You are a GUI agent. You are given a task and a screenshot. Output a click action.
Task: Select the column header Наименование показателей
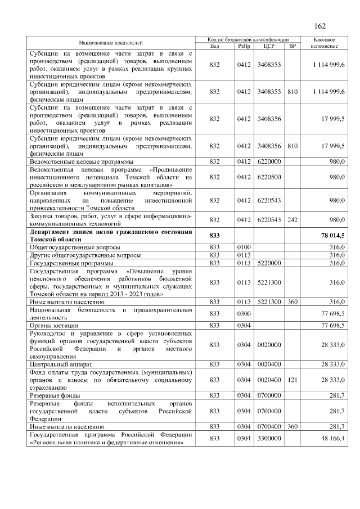111,43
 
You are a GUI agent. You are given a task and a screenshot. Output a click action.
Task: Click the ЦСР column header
268,46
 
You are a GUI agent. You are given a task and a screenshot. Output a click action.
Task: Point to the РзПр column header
244,46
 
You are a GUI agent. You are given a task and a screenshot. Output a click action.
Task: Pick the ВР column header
292,46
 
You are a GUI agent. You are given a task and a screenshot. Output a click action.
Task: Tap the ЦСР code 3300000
268,438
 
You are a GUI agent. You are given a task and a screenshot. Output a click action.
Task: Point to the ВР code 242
292,219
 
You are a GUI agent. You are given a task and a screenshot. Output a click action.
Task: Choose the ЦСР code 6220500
268,177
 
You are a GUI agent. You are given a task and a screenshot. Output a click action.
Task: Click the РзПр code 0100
244,246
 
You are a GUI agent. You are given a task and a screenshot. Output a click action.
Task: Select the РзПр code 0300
244,313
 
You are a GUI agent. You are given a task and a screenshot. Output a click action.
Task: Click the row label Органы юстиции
54,325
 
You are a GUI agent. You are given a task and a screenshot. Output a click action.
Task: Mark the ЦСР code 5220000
268,262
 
